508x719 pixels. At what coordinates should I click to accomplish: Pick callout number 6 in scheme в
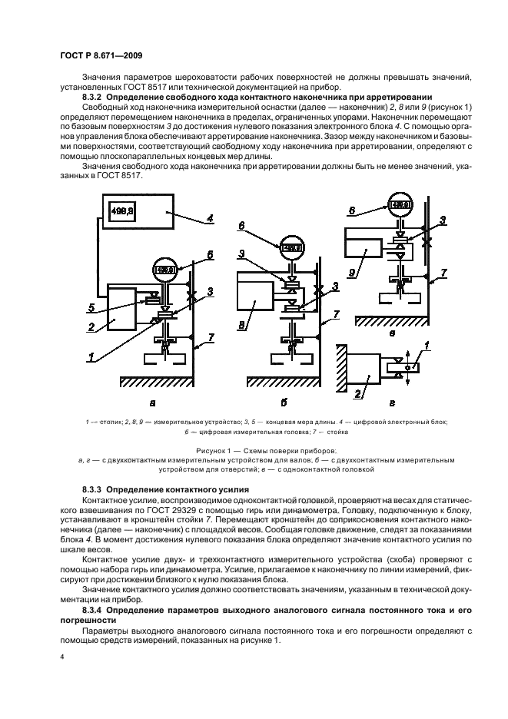[x=374, y=208]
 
